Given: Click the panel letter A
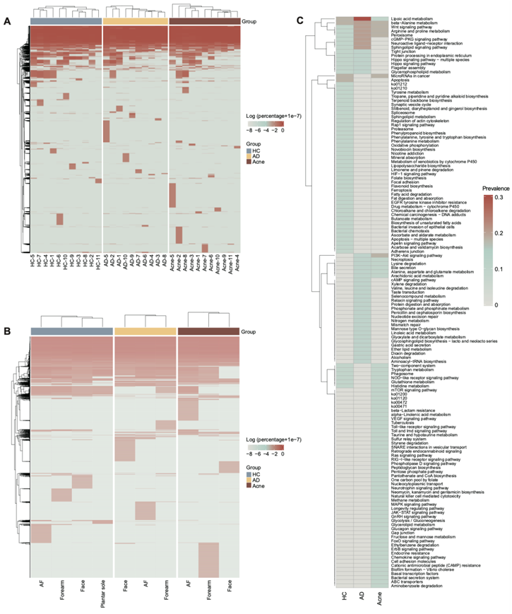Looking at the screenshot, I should click(8, 22).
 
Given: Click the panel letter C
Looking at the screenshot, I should click(299, 22).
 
